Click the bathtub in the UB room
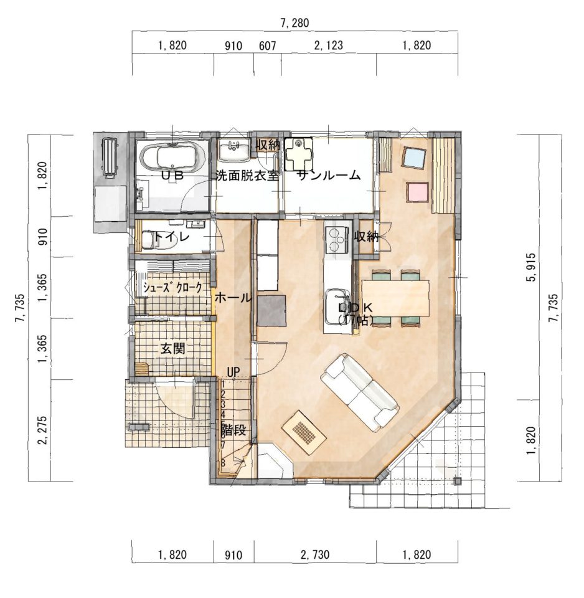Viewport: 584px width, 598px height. (173, 157)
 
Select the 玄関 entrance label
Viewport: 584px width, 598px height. (173, 348)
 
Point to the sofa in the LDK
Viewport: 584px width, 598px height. (359, 392)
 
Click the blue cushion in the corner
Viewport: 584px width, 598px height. (413, 158)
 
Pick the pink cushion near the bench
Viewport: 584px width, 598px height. (418, 192)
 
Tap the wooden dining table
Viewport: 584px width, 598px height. (395, 298)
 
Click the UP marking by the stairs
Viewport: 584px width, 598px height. (233, 371)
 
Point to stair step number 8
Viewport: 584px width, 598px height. (223, 462)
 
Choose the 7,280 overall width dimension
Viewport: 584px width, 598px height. (294, 23)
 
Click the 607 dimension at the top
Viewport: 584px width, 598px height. (267, 45)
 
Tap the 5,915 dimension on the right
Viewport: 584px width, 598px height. (532, 267)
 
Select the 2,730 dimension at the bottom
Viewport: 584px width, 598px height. (315, 554)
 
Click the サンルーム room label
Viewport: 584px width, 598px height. (329, 176)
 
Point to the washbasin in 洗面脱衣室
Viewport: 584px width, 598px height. (233, 150)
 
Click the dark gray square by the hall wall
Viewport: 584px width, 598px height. (271, 310)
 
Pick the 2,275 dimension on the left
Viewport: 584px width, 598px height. (43, 430)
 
